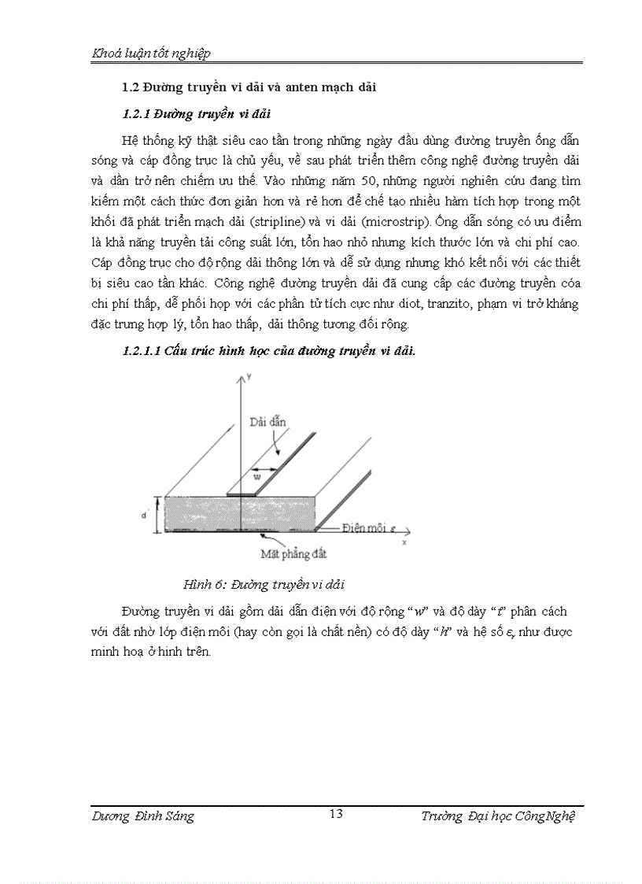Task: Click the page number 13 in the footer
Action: click(336, 814)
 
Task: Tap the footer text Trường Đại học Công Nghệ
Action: click(498, 816)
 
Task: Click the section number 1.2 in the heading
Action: click(130, 87)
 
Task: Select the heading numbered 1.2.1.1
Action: click(142, 351)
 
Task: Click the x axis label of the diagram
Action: click(404, 542)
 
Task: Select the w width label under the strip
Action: click(256, 475)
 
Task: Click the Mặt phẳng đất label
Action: click(293, 553)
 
